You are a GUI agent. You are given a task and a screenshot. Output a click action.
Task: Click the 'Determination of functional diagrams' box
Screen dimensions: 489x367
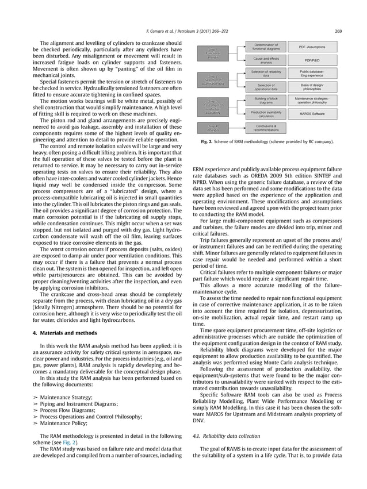tap(266, 47)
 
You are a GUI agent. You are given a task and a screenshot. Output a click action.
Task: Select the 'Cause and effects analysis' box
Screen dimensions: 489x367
tap(266, 60)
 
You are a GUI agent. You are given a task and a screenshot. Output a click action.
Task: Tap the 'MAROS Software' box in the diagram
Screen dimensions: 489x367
tap(312, 114)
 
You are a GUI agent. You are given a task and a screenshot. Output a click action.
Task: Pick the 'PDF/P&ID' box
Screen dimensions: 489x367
tap(312, 60)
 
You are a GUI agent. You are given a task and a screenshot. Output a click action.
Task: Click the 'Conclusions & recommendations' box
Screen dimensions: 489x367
tap(266, 128)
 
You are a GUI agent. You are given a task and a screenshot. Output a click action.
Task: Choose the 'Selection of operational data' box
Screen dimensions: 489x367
tap(266, 87)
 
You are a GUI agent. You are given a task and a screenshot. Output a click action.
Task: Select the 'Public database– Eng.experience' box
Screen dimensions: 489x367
tap(312, 74)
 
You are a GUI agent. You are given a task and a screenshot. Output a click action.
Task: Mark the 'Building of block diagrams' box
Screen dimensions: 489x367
tap(266, 101)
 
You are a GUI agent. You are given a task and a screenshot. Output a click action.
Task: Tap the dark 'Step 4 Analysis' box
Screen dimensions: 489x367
tap(213, 128)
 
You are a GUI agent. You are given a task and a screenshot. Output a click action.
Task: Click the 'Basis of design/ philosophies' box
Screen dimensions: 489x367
tap(312, 87)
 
